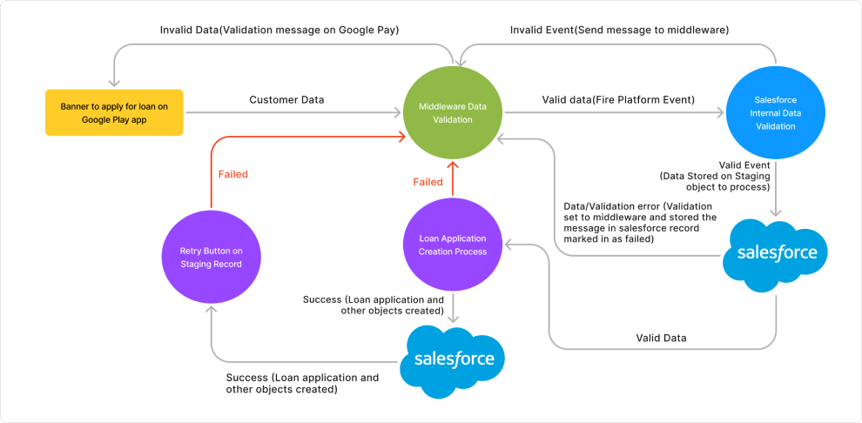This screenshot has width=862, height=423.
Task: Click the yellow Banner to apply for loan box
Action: (x=114, y=112)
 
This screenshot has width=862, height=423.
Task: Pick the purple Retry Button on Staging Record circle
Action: (x=210, y=256)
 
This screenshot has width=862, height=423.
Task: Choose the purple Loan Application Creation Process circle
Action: (x=452, y=245)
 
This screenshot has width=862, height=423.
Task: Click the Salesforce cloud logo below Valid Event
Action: (x=777, y=253)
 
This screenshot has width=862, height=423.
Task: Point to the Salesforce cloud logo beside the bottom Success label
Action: (x=453, y=359)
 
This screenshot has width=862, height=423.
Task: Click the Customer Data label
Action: (x=286, y=100)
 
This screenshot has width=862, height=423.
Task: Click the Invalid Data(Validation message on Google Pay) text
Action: (x=279, y=30)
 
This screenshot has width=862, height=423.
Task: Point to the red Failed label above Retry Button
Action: (x=232, y=175)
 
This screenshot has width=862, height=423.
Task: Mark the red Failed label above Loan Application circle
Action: (x=428, y=183)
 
